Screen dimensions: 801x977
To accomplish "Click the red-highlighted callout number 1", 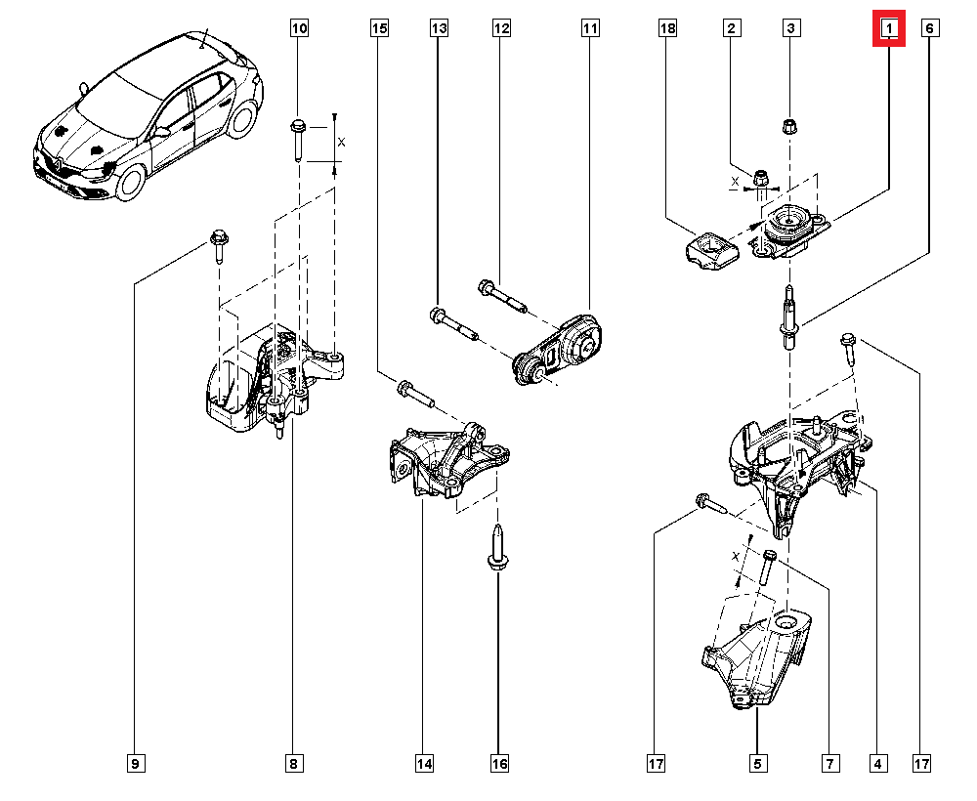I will point(889,29).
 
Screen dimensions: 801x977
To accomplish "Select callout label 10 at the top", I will point(299,29).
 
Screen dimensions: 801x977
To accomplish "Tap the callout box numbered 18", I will point(667,29).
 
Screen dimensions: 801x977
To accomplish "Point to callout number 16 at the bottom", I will point(499,763).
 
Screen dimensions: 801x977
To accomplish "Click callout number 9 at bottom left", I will point(135,763).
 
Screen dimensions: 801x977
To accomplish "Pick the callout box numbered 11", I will point(590,29).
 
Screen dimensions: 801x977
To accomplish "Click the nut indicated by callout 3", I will point(789,126).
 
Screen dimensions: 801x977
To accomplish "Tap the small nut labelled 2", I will point(761,178).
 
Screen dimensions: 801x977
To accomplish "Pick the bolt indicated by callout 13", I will point(451,322).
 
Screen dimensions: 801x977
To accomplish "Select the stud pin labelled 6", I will point(788,316).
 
